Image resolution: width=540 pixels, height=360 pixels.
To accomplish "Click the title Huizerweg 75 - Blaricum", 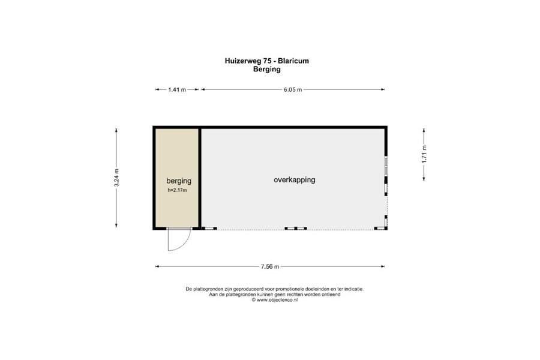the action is [x=267, y=61].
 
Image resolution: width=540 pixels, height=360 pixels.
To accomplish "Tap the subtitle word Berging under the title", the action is [x=267, y=69].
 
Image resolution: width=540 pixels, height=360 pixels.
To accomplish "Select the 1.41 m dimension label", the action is [x=177, y=89].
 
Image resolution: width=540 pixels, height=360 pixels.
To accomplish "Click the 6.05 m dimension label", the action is [x=293, y=89].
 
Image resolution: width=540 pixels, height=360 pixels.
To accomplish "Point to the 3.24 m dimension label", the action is [x=116, y=178].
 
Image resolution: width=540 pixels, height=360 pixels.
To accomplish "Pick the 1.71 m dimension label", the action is [x=424, y=154].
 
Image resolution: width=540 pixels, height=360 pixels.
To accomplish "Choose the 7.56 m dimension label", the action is [x=270, y=266].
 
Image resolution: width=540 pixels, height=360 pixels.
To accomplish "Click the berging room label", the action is [x=179, y=181].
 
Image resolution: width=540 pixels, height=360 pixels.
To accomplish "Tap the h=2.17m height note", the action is [x=178, y=190].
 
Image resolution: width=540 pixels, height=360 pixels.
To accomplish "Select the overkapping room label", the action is [x=295, y=179].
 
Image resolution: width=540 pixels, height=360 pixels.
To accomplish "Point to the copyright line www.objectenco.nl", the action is [x=274, y=300].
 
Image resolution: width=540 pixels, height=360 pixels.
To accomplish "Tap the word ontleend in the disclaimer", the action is [x=331, y=295].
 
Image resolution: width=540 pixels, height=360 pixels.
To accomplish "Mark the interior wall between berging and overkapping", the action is [x=200, y=178].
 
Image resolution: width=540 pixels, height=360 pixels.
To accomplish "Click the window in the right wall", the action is [x=386, y=166].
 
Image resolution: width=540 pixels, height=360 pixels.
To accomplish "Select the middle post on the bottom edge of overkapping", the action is [x=295, y=229].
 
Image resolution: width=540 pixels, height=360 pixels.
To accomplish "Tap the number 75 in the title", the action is [x=267, y=61].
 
